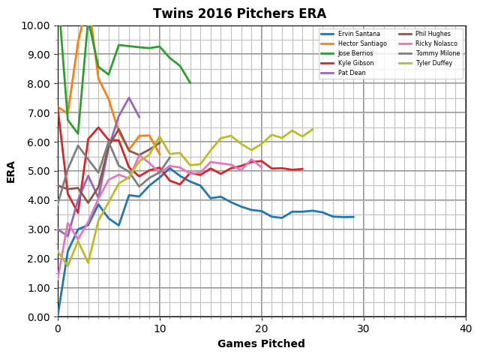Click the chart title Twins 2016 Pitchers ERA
click(239, 14)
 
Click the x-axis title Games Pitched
click(261, 344)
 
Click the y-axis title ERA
click(11, 171)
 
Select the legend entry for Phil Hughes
click(430, 34)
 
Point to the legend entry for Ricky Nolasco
click(433, 44)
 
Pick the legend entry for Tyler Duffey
click(431, 64)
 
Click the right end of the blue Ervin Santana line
click(353, 217)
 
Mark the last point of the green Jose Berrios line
click(190, 82)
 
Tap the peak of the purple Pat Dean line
click(129, 97)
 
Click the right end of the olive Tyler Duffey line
click(313, 129)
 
